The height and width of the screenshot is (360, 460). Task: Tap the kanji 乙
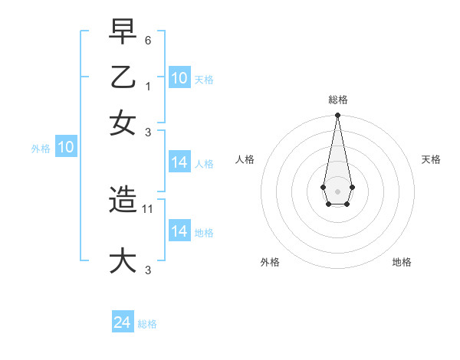123,77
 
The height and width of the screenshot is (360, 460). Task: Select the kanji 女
123,123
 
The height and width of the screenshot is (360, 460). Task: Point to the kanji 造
123,200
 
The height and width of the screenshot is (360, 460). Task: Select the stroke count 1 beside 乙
149,87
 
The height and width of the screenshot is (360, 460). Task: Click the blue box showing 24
123,323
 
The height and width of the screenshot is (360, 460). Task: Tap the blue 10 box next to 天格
179,78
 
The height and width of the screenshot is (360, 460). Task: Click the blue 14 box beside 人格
179,162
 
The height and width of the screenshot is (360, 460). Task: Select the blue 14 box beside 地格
179,231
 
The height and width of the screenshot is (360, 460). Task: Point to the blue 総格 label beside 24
147,324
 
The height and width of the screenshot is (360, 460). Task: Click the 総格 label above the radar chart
337,100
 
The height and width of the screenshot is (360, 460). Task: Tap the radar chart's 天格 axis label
431,159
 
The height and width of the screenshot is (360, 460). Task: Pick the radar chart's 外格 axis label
270,262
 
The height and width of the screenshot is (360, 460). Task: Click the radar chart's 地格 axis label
402,262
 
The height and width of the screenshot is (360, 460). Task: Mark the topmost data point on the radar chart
337,116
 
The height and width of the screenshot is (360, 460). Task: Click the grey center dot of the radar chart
337,190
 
